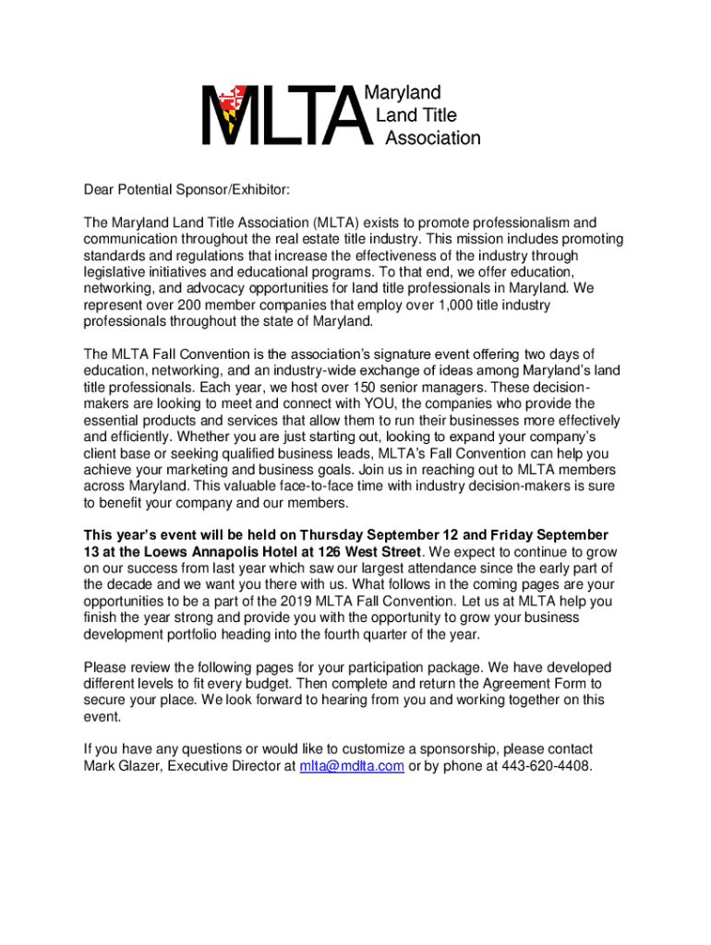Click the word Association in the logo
point(432,138)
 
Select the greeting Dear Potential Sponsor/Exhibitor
point(187,190)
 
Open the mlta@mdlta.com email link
point(352,766)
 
